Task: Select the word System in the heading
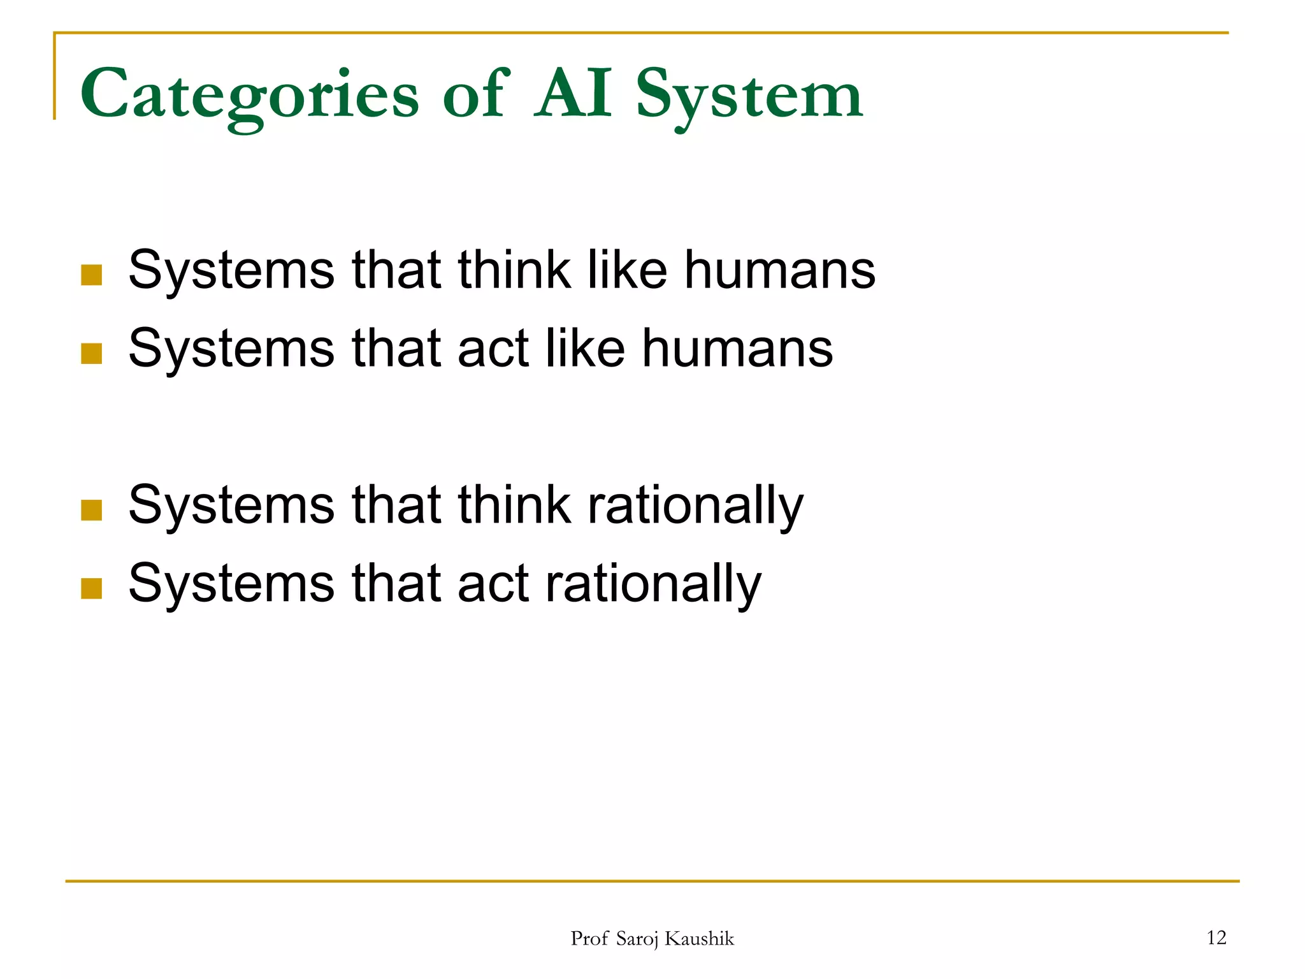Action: tap(749, 96)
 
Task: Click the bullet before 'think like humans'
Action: tap(92, 275)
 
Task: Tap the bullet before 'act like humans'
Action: tap(92, 353)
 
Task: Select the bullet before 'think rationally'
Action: tap(92, 510)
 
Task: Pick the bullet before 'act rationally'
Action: tap(92, 588)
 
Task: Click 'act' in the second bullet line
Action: tap(493, 349)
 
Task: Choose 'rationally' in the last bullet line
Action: tap(653, 584)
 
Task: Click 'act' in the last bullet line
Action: tap(493, 584)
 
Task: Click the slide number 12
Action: tap(1216, 938)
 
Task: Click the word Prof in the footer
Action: tap(589, 939)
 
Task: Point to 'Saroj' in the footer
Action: tap(637, 939)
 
